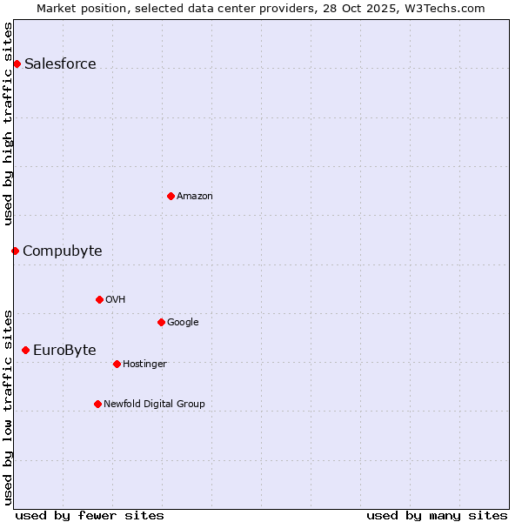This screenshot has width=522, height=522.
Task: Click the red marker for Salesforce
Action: pos(17,64)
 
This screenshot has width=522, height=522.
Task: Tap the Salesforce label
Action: pos(60,64)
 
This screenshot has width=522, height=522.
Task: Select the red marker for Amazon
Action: pos(171,196)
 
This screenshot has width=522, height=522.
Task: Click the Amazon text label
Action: pos(195,197)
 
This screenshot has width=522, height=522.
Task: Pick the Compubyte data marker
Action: pos(15,251)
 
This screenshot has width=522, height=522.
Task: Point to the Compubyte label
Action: pos(62,251)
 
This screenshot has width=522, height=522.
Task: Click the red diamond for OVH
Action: pos(99,299)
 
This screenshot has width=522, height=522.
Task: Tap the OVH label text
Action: pos(116,300)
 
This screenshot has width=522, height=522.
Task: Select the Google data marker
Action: pos(161,322)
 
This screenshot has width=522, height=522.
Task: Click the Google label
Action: pos(183,323)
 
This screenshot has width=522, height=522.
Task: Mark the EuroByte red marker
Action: pos(25,350)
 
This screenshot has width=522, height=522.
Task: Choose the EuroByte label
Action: pos(64,351)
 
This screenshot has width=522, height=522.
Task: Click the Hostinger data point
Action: pos(117,364)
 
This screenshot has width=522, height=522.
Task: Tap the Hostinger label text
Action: pos(144,365)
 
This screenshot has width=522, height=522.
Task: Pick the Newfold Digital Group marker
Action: pos(97,404)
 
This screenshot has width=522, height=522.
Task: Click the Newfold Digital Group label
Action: pos(154,405)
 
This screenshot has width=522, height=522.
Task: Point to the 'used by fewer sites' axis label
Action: pos(90,515)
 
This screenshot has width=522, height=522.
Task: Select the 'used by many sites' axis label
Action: pos(437,515)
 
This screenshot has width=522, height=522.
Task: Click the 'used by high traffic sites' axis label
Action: pos(9,124)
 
